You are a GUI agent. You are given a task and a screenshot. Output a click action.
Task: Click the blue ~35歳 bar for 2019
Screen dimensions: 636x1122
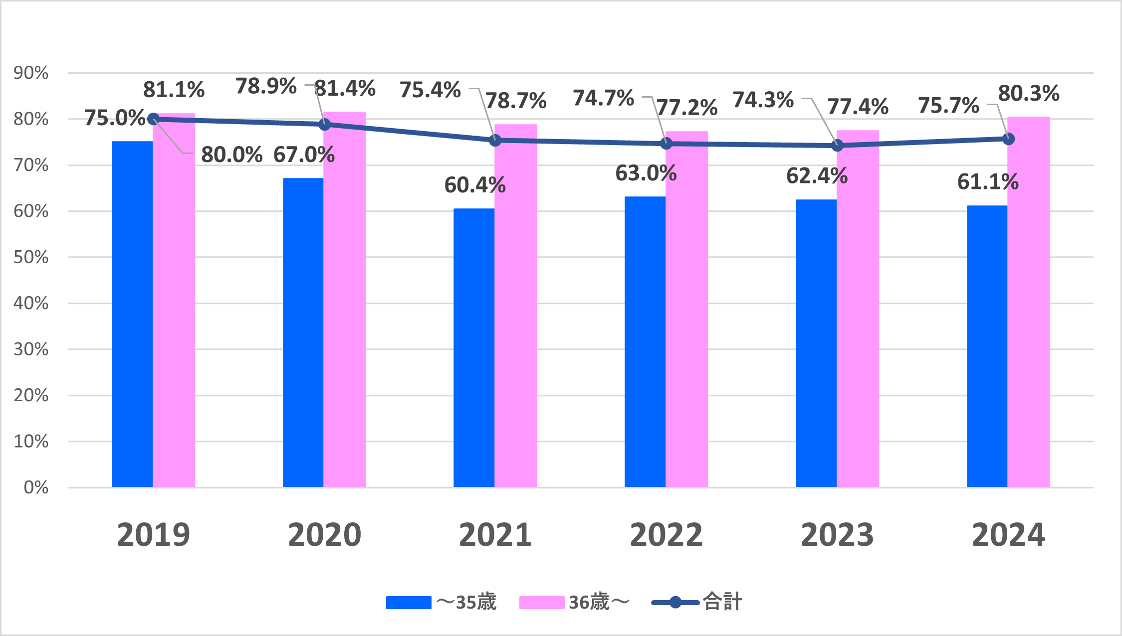(132, 314)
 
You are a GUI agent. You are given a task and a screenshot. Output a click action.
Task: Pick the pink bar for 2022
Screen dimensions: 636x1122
(686, 309)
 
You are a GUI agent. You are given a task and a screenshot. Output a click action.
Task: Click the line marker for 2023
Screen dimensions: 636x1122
(838, 146)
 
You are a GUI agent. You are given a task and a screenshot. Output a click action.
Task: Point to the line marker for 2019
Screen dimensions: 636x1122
(153, 119)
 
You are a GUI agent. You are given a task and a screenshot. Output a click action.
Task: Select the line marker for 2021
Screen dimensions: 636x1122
(495, 141)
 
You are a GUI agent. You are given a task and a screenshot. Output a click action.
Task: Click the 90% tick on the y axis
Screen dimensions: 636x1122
(31, 73)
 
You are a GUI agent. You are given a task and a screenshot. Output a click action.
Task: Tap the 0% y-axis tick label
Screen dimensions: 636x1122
(36, 487)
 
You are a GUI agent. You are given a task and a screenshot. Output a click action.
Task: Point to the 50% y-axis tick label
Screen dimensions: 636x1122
(31, 257)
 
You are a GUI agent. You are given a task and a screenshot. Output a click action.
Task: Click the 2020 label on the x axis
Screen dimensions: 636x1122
(324, 535)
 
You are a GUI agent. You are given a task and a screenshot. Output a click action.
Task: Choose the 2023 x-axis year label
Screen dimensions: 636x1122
(837, 535)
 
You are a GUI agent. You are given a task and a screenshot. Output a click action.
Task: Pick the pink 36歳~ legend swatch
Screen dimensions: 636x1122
(542, 603)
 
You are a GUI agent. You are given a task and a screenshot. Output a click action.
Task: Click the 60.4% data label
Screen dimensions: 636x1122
(475, 185)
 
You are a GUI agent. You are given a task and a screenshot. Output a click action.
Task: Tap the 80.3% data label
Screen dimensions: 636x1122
(1029, 93)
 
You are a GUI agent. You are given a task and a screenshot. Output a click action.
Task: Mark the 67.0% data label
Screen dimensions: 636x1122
(304, 155)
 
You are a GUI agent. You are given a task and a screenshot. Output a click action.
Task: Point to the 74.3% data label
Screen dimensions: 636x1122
(763, 100)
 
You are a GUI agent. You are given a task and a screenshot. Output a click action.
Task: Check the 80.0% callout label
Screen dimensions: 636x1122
(231, 155)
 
